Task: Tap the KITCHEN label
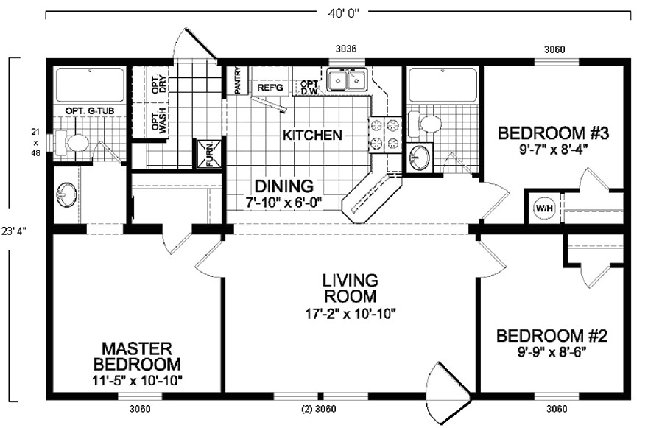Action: pyautogui.click(x=312, y=136)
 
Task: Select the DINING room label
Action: pyautogui.click(x=283, y=186)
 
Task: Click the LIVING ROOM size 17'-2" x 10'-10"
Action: pyautogui.click(x=350, y=313)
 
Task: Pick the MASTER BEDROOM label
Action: pyautogui.click(x=137, y=355)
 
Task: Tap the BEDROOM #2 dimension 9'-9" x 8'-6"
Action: pyautogui.click(x=552, y=353)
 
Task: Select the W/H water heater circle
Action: pyautogui.click(x=543, y=207)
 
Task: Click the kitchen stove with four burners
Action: pyautogui.click(x=384, y=134)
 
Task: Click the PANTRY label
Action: pyautogui.click(x=238, y=81)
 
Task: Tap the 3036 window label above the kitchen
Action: pyautogui.click(x=346, y=49)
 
